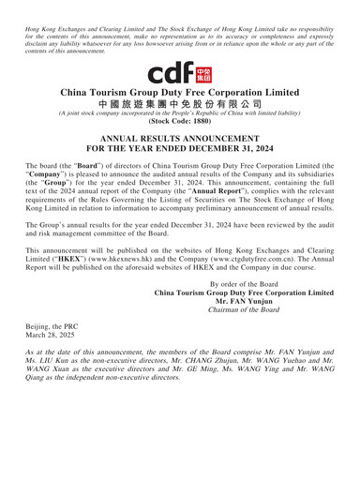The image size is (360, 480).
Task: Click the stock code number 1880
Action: [199, 121]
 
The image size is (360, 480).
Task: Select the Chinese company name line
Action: [180, 96]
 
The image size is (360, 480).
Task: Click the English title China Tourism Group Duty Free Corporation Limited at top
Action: [180, 77]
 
